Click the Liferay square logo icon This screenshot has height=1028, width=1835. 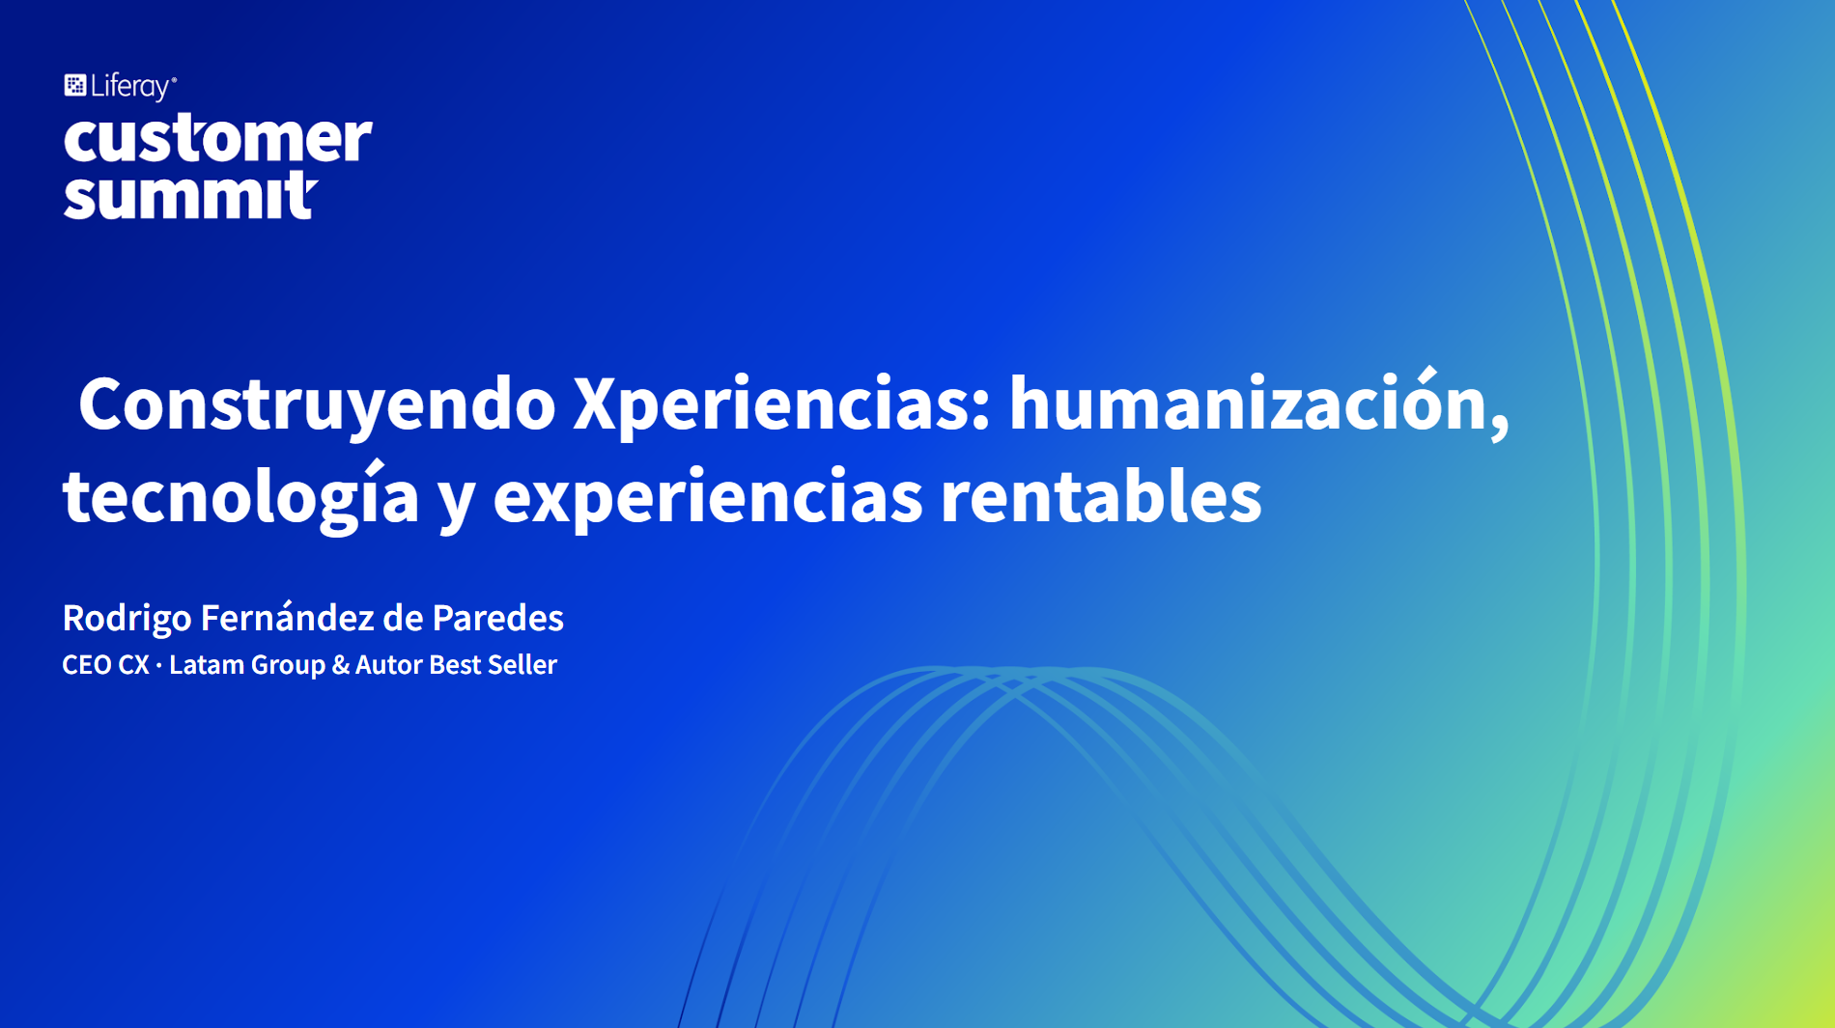[x=75, y=86]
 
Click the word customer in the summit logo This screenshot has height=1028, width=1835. [x=217, y=138]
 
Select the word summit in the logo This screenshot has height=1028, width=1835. [x=190, y=195]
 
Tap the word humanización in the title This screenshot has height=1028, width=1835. [x=1249, y=402]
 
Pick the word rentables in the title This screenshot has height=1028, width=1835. [x=1101, y=495]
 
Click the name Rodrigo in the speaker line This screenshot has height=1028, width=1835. [x=127, y=619]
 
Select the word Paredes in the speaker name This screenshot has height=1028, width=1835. [x=497, y=618]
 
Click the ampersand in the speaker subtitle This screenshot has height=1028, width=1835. [x=340, y=665]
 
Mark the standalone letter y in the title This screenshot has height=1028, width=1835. [x=456, y=503]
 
